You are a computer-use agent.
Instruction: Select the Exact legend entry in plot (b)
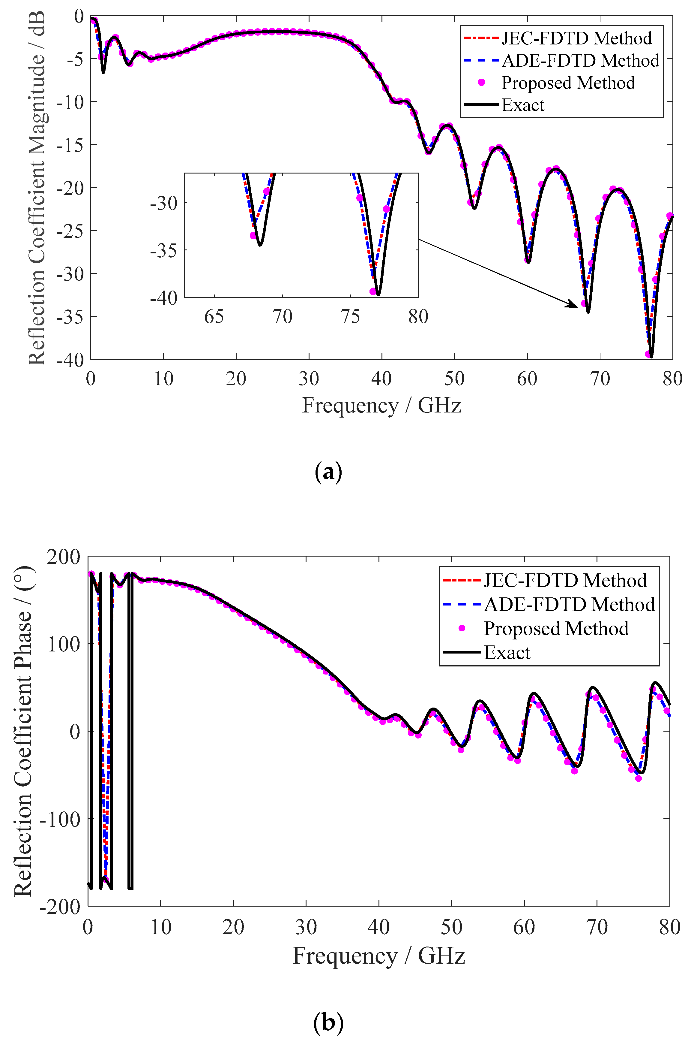tap(507, 652)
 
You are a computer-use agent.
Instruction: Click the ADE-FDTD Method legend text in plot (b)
tap(569, 604)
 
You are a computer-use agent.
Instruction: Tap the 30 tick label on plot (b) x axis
tap(306, 927)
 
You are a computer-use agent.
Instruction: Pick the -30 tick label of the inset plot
tap(163, 203)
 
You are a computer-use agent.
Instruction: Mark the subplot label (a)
tap(328, 473)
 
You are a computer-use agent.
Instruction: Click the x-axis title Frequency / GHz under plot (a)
tap(381, 405)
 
